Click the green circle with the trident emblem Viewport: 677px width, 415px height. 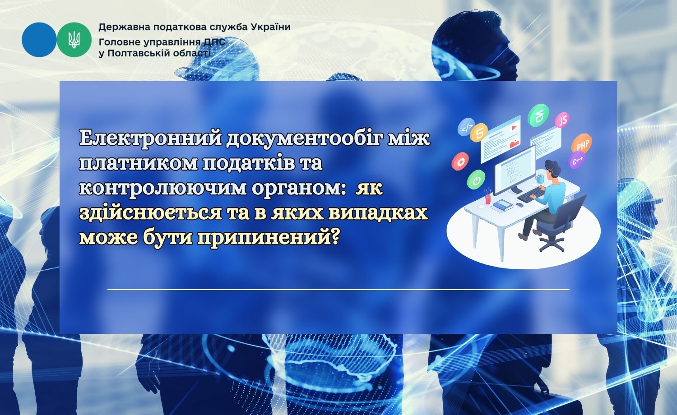[74, 40]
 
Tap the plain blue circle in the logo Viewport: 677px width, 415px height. [39, 40]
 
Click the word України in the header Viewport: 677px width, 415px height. [270, 27]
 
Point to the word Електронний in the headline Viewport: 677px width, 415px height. [150, 138]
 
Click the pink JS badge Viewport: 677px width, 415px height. [562, 120]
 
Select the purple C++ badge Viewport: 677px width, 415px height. [577, 160]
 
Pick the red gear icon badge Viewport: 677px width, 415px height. [460, 161]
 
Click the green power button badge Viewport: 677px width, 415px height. [476, 180]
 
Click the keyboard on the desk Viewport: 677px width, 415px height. [531, 194]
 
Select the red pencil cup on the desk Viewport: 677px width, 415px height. [488, 198]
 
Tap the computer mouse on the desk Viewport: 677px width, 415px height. [519, 204]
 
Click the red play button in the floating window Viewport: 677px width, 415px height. [513, 128]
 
